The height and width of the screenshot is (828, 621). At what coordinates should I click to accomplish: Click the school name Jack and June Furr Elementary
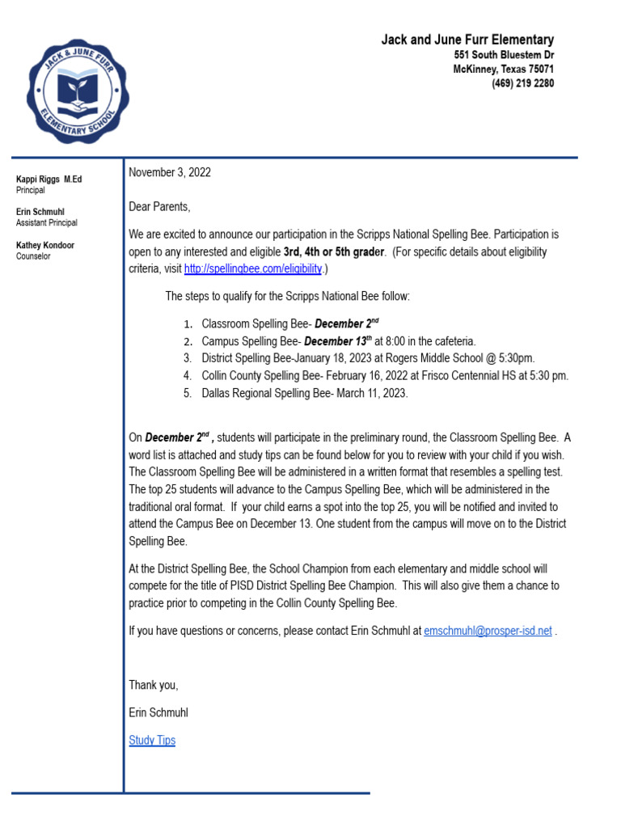(x=467, y=40)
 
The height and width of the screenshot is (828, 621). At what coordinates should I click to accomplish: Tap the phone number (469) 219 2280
(x=522, y=83)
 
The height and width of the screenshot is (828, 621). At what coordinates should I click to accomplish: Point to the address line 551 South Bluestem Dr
(x=504, y=55)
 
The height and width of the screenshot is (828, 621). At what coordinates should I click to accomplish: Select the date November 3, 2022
(x=170, y=172)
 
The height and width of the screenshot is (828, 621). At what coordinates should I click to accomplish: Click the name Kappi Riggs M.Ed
(x=49, y=180)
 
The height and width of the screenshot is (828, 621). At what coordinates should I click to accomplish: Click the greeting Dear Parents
(x=159, y=207)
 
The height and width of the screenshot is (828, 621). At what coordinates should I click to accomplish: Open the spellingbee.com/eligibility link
(x=253, y=268)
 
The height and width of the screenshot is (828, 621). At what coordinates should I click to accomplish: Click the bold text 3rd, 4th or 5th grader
(x=334, y=251)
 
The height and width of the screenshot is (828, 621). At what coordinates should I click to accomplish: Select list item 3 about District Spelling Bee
(x=368, y=357)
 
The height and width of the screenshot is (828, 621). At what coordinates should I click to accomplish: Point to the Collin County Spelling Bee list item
(x=385, y=375)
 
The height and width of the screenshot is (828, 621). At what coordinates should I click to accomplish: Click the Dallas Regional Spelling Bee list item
(x=305, y=393)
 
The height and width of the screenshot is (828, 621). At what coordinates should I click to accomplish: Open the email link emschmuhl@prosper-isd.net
(x=488, y=631)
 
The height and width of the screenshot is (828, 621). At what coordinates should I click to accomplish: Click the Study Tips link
(x=152, y=740)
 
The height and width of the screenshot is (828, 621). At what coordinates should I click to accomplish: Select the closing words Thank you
(x=154, y=685)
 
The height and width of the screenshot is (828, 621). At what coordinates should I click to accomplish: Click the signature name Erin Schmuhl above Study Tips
(x=158, y=712)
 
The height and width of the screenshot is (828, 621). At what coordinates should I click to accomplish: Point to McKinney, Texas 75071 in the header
(x=503, y=70)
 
